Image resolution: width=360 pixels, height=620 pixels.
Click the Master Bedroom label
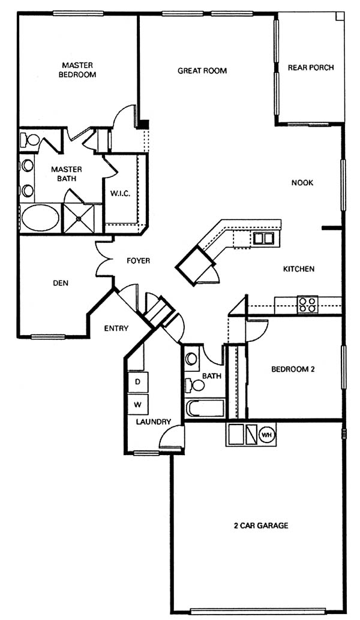77,70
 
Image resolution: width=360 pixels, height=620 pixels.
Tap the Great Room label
202,71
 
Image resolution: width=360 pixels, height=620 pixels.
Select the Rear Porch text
311,68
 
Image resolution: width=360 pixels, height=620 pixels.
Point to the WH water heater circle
267,435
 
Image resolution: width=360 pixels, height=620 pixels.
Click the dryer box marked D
137,382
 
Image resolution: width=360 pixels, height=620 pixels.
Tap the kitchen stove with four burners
307,305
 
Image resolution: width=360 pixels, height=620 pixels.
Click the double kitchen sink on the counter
263,238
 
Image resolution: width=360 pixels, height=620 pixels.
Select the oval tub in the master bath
40,218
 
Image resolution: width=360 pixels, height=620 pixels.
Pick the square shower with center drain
79,218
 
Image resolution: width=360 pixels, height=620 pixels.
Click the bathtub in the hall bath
205,408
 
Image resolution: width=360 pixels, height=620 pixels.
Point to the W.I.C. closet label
120,194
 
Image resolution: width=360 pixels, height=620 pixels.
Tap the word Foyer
139,261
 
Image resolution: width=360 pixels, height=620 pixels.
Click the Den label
61,283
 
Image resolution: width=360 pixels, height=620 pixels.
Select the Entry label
116,328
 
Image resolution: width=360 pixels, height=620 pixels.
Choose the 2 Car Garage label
261,526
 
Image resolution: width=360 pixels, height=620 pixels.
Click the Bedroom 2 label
293,369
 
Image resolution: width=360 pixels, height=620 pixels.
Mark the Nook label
302,183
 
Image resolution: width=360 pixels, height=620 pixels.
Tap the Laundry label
154,422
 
